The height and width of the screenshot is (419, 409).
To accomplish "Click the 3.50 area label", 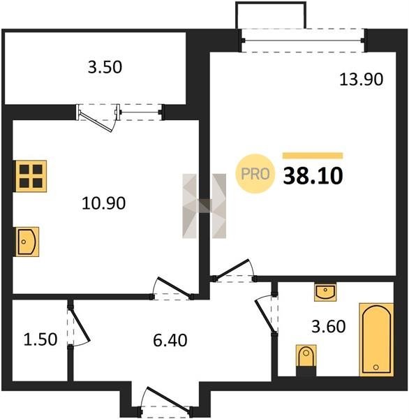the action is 105,67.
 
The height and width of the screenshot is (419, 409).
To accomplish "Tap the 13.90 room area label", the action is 361,80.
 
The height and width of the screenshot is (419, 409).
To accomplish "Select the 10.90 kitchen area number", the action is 104,203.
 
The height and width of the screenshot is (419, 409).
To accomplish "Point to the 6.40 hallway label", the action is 170,341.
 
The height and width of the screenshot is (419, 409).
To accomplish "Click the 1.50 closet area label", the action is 40,339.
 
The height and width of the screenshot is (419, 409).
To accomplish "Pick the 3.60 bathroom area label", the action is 329,326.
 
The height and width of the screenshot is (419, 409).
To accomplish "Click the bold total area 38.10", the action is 313,176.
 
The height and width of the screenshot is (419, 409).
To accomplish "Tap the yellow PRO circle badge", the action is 255,174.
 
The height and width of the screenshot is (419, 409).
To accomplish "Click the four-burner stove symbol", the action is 31,176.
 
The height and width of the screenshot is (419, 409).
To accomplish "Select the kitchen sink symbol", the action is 27,242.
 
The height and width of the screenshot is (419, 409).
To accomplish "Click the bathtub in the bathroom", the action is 376,339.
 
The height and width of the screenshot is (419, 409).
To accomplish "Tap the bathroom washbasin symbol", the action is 325,292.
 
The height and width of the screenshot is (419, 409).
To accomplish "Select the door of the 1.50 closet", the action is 79,325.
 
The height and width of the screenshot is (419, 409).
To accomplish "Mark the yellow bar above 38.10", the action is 313,156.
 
